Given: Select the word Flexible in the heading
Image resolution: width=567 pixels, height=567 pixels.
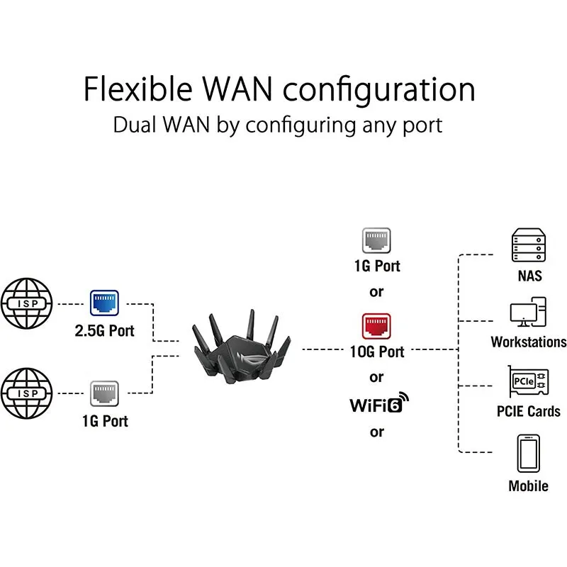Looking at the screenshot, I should coord(137,90).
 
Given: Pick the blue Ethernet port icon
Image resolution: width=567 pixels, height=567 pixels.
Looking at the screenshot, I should coord(104,303).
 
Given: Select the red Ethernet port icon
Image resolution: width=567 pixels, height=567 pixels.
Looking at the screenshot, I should coord(377,326).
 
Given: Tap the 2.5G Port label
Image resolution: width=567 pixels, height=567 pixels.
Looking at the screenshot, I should coord(105,330).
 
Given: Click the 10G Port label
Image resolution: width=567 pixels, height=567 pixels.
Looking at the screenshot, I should coord(378,352).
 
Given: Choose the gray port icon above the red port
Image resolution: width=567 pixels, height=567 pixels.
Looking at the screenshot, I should coord(377,240).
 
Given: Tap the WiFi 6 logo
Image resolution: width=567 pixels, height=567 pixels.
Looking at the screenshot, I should coord(380,405).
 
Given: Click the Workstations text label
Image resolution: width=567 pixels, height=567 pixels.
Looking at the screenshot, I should coord(529,342).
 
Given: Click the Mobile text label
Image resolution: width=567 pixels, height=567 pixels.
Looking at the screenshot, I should coord(529,486).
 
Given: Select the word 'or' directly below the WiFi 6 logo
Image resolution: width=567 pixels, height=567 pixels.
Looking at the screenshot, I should coord(377,432).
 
